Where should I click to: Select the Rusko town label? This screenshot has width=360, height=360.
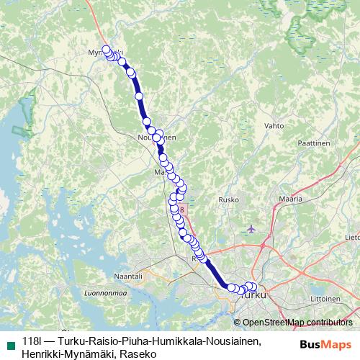click(229, 201)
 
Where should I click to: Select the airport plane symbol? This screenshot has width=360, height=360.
click(251, 229)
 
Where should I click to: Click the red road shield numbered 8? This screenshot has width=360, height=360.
click(183, 210)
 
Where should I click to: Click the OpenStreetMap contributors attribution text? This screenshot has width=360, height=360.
click(297, 322)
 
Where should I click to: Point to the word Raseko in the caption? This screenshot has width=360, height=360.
click(136, 353)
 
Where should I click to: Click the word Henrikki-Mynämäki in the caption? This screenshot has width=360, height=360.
click(67, 353)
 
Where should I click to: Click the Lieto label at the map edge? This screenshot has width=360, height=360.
click(352, 236)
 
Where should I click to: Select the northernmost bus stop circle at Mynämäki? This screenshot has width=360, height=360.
click(107, 50)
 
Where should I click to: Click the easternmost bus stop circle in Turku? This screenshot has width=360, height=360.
click(253, 287)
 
